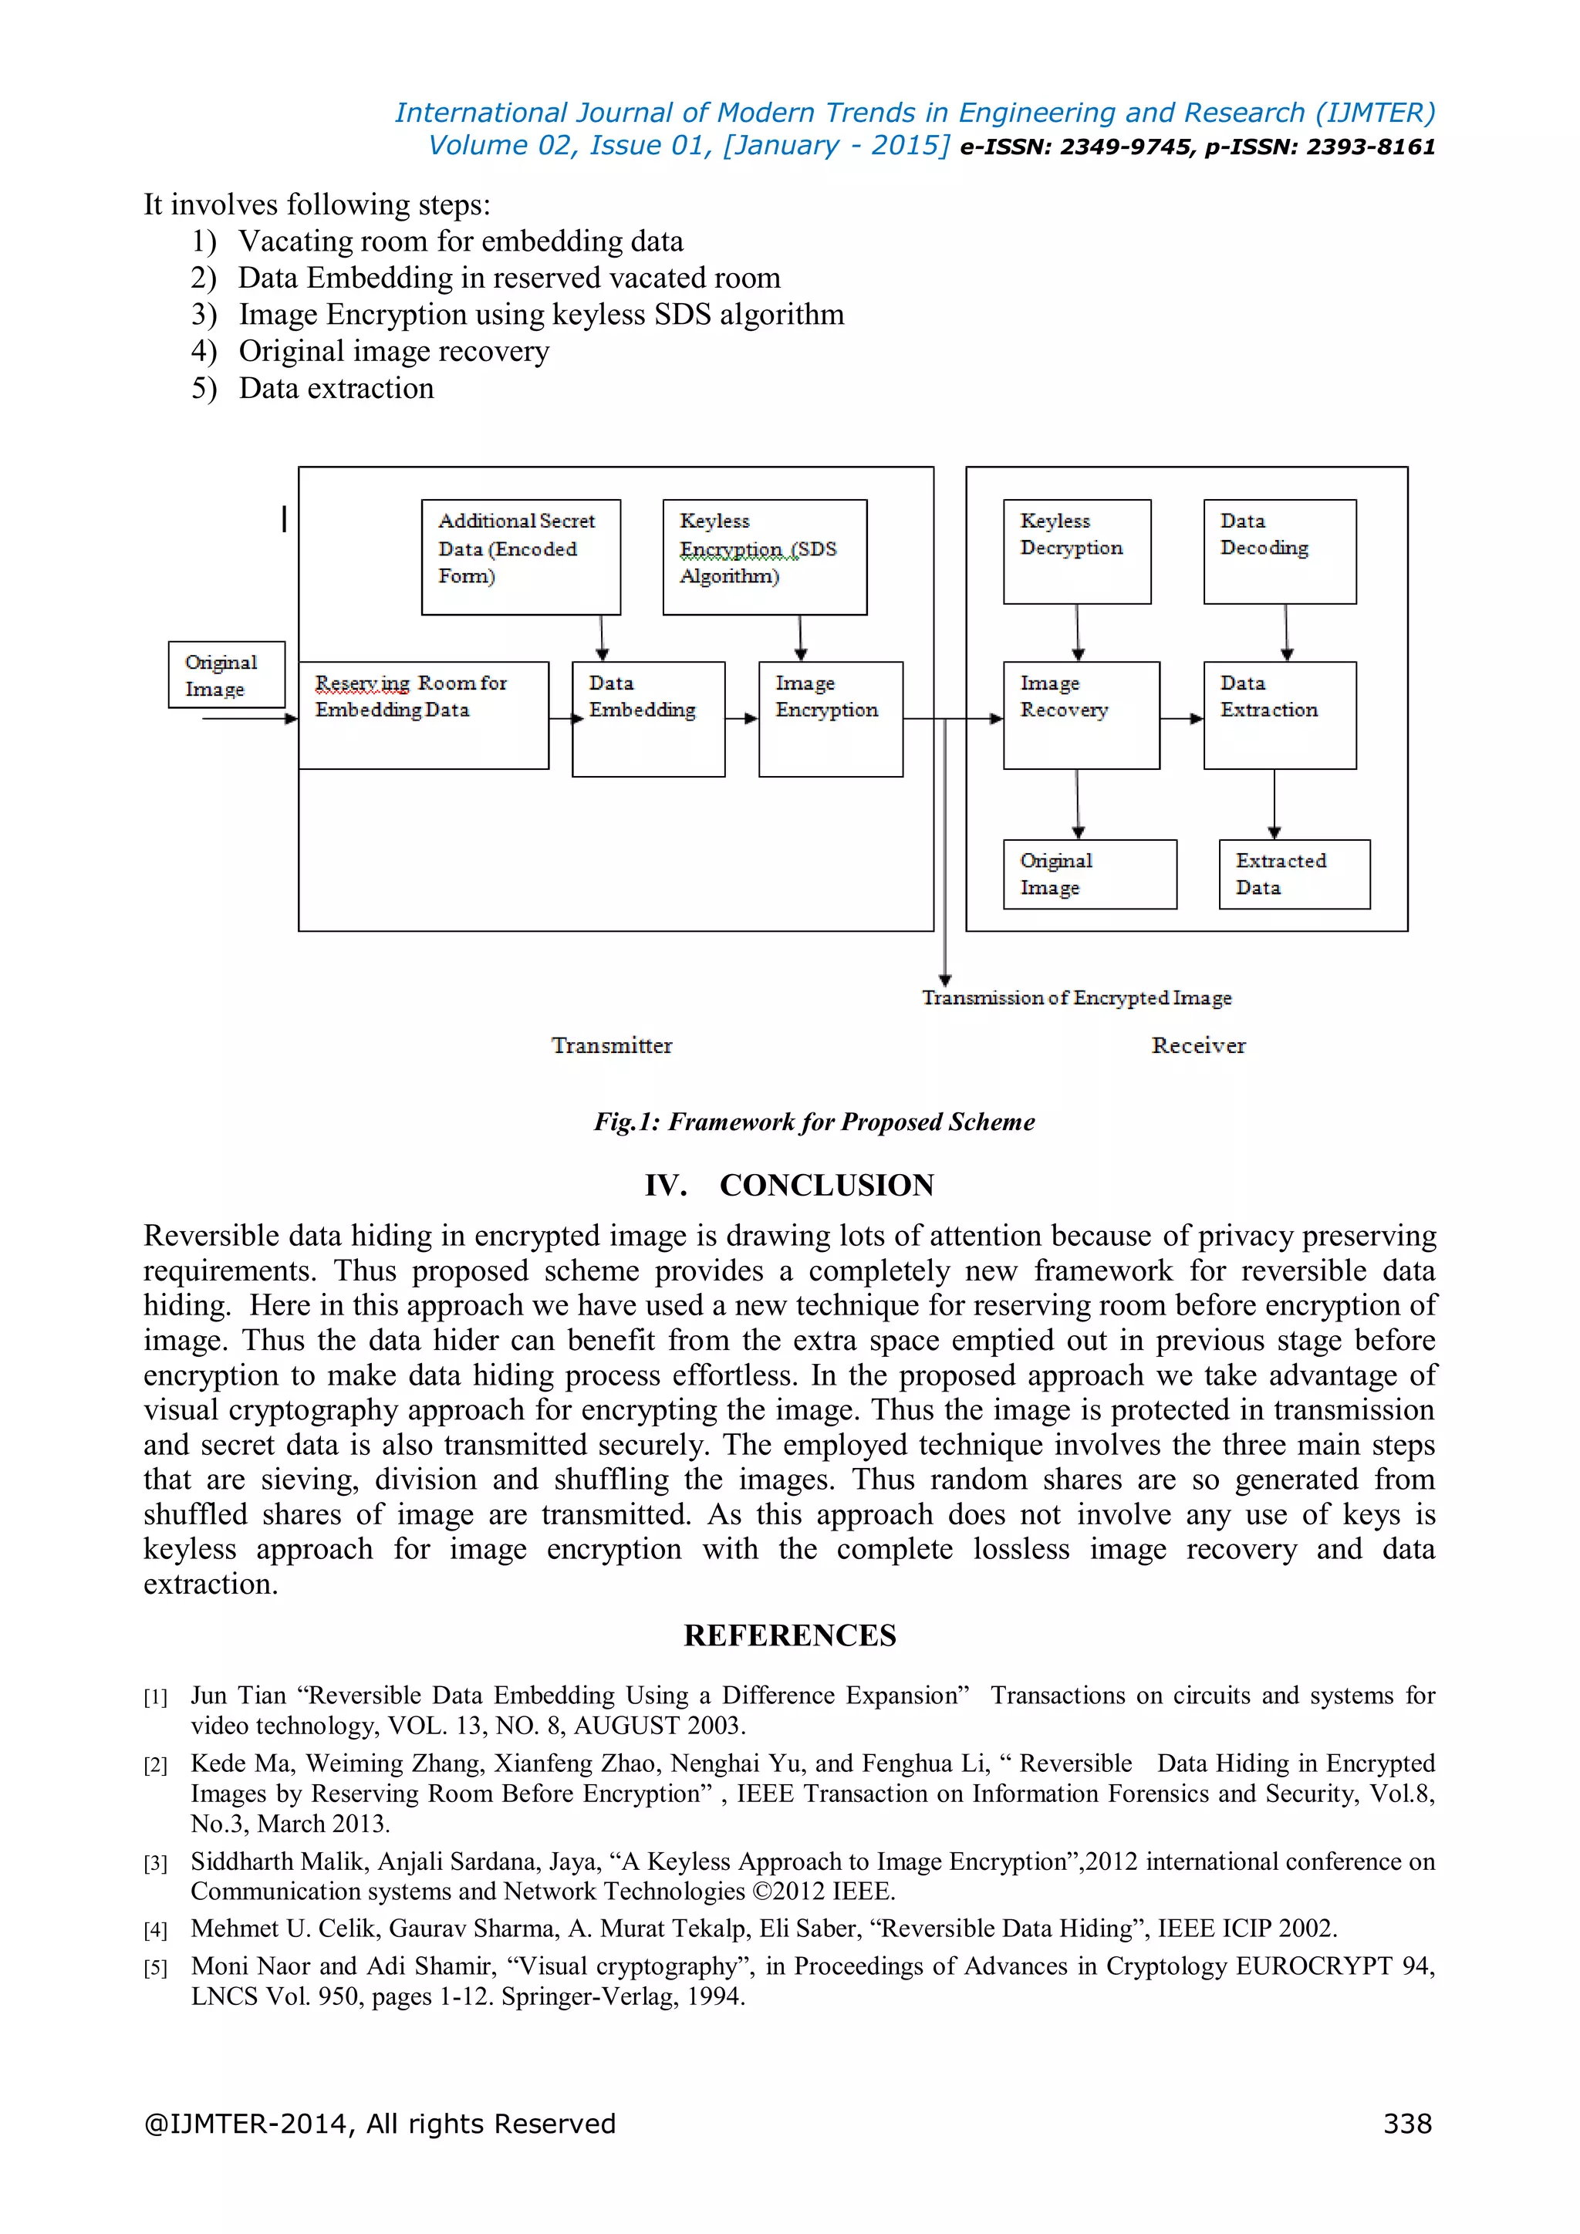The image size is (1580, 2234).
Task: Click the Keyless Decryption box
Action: pos(1076,552)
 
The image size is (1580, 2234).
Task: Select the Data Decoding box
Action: pos(1278,552)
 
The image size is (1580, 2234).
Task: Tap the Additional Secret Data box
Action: pos(521,556)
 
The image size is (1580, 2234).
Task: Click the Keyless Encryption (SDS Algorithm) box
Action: pos(764,556)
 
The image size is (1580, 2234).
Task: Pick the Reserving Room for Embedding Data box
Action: pos(424,715)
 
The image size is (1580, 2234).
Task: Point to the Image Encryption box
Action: pos(830,718)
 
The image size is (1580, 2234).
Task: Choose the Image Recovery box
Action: pos(1080,715)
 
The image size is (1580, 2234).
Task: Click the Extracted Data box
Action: pos(1293,874)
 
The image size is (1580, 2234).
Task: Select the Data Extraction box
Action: pos(1278,715)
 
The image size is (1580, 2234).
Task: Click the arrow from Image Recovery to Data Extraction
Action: pos(1181,719)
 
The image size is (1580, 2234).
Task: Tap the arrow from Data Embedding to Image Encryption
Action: pos(742,719)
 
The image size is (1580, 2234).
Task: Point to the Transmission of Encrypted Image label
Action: pos(1076,997)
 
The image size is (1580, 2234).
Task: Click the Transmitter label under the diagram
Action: pos(611,1045)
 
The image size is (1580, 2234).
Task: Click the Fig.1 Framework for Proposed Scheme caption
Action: pos(815,1122)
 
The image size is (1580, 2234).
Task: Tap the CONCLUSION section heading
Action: pos(789,1185)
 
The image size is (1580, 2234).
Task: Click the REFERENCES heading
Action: pos(789,1635)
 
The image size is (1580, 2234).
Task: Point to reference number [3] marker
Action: pos(156,1863)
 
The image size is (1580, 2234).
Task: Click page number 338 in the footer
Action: pos(1407,2123)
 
